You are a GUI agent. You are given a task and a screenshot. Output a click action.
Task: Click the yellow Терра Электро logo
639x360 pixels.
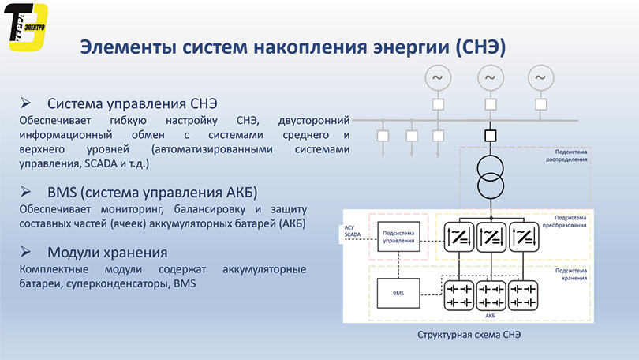pos(26,27)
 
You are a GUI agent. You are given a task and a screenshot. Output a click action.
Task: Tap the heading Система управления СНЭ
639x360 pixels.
pos(133,103)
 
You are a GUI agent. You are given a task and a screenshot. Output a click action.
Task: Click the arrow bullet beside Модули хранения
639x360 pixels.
pos(26,252)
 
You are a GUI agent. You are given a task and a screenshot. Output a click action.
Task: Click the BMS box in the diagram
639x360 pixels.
pos(398,293)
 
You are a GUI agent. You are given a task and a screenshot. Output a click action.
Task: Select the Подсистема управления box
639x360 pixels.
pos(398,237)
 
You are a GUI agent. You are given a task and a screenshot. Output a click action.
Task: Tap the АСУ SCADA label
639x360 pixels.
pos(352,231)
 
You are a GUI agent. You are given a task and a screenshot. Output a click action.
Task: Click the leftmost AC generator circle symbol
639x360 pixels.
pos(438,77)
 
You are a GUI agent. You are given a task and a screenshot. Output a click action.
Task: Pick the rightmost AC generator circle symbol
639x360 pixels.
pos(541,77)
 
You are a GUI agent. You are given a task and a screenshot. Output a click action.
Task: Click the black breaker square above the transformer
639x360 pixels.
pos(490,136)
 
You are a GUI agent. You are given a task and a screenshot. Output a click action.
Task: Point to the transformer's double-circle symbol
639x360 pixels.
pos(490,178)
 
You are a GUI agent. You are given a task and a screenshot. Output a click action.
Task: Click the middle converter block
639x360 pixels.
pos(491,237)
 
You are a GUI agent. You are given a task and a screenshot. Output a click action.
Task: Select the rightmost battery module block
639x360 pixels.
pos(523,295)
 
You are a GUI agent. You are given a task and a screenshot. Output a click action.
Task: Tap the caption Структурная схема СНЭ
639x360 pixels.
pos(469,335)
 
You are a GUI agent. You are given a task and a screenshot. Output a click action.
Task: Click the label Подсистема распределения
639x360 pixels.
pos(567,156)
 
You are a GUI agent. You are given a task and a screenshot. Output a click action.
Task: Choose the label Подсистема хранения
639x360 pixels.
pos(571,275)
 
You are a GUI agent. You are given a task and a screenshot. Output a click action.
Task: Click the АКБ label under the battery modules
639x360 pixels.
pos(490,316)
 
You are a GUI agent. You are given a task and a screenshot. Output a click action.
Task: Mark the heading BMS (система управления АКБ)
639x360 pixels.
pos(152,193)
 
